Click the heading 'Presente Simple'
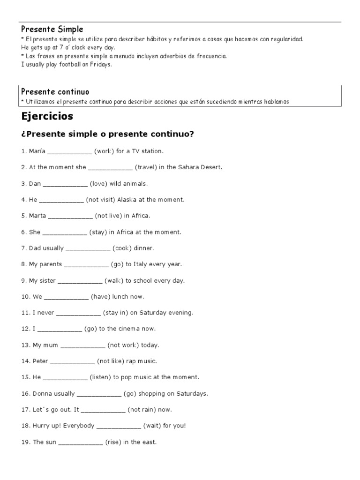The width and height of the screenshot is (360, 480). pos(52,30)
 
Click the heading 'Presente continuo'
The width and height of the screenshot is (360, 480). pos(55,91)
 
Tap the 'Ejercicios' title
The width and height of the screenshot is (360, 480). pos(47,116)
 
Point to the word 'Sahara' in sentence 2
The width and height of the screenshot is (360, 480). pos(189,167)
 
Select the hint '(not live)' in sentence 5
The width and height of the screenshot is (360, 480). pos(109,216)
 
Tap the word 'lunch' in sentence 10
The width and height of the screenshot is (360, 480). pos(121,297)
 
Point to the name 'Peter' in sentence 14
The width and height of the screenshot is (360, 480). pos(40,361)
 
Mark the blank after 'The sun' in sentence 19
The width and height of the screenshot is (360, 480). pos(81,442)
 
